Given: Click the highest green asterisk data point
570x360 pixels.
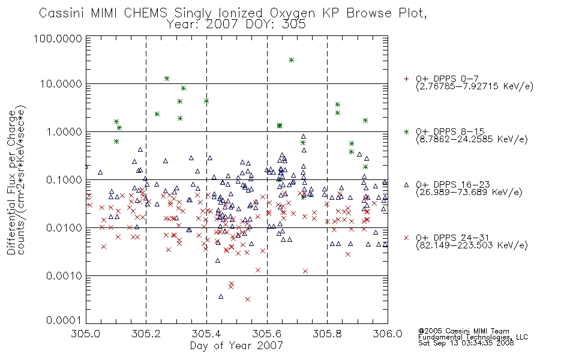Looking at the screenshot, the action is click(291, 60).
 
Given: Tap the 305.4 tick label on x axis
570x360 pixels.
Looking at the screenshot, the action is click(207, 334).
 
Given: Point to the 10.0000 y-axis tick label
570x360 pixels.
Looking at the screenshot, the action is click(61, 84).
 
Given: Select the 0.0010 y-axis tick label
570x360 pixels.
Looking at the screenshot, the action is click(64, 276).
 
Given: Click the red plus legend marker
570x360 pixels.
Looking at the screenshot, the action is click(406, 79).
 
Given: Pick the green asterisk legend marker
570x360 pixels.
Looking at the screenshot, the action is click(406, 131).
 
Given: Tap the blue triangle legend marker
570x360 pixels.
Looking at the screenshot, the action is click(406, 185).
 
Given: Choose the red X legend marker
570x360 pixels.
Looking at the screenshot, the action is click(406, 238).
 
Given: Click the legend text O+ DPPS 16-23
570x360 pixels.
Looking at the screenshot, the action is click(453, 185).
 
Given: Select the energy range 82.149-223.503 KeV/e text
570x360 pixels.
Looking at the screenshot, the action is click(472, 245).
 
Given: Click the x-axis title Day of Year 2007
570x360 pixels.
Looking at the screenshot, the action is click(236, 346).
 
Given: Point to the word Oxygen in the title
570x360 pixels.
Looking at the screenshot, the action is click(292, 13).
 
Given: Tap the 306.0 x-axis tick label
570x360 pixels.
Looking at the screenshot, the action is click(388, 334).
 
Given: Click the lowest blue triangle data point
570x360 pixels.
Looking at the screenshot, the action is click(221, 296).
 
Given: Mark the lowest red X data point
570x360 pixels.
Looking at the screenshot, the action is click(248, 299).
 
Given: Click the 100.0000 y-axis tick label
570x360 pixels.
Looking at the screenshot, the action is click(58, 38).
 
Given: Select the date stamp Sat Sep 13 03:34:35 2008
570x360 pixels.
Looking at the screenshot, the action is click(466, 343).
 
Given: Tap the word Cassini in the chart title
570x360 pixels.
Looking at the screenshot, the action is click(61, 13).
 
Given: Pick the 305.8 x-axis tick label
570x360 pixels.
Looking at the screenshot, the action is click(327, 334).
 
